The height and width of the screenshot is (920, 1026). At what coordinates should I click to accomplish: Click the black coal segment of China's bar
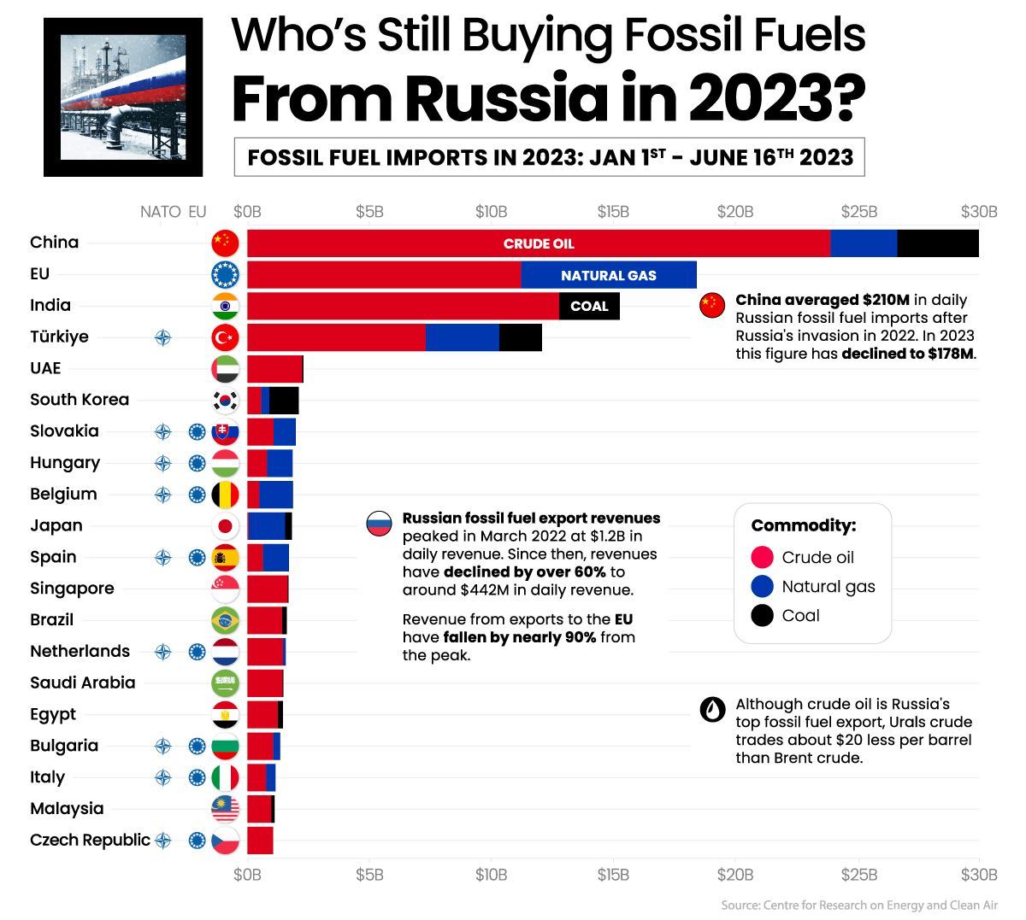coord(938,243)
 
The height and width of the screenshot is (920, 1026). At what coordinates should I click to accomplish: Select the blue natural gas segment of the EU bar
coord(608,275)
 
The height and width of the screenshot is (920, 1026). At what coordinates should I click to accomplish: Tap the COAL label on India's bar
coord(589,306)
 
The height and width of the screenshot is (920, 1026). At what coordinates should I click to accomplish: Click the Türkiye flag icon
coord(225,337)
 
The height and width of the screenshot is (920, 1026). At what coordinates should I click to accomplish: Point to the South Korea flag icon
coord(225,400)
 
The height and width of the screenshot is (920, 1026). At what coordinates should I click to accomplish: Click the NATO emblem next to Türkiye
coord(162,337)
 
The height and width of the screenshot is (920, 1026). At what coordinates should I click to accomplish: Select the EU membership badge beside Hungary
coord(198,463)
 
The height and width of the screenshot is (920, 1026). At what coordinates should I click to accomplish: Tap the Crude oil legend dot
coord(762,558)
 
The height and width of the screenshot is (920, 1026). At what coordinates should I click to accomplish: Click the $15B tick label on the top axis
coord(613,212)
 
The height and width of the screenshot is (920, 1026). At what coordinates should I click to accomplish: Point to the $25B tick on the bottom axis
coord(858,875)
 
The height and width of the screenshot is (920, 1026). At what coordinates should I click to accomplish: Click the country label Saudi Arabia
coord(82,683)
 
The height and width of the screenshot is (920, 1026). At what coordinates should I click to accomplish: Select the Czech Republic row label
coord(90,840)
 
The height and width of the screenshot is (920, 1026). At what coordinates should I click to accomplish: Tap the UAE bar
coord(274,369)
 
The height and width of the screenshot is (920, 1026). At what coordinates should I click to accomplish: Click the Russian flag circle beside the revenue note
coord(379,523)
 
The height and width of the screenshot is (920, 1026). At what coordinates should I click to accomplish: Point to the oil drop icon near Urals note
coord(712,709)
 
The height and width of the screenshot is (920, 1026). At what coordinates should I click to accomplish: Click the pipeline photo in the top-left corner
coord(123,97)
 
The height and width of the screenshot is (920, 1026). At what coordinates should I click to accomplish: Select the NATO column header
coord(160,212)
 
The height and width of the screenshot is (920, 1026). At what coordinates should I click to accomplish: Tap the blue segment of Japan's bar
coord(268,526)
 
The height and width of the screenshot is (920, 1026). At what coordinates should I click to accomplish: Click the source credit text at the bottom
coord(858,905)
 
